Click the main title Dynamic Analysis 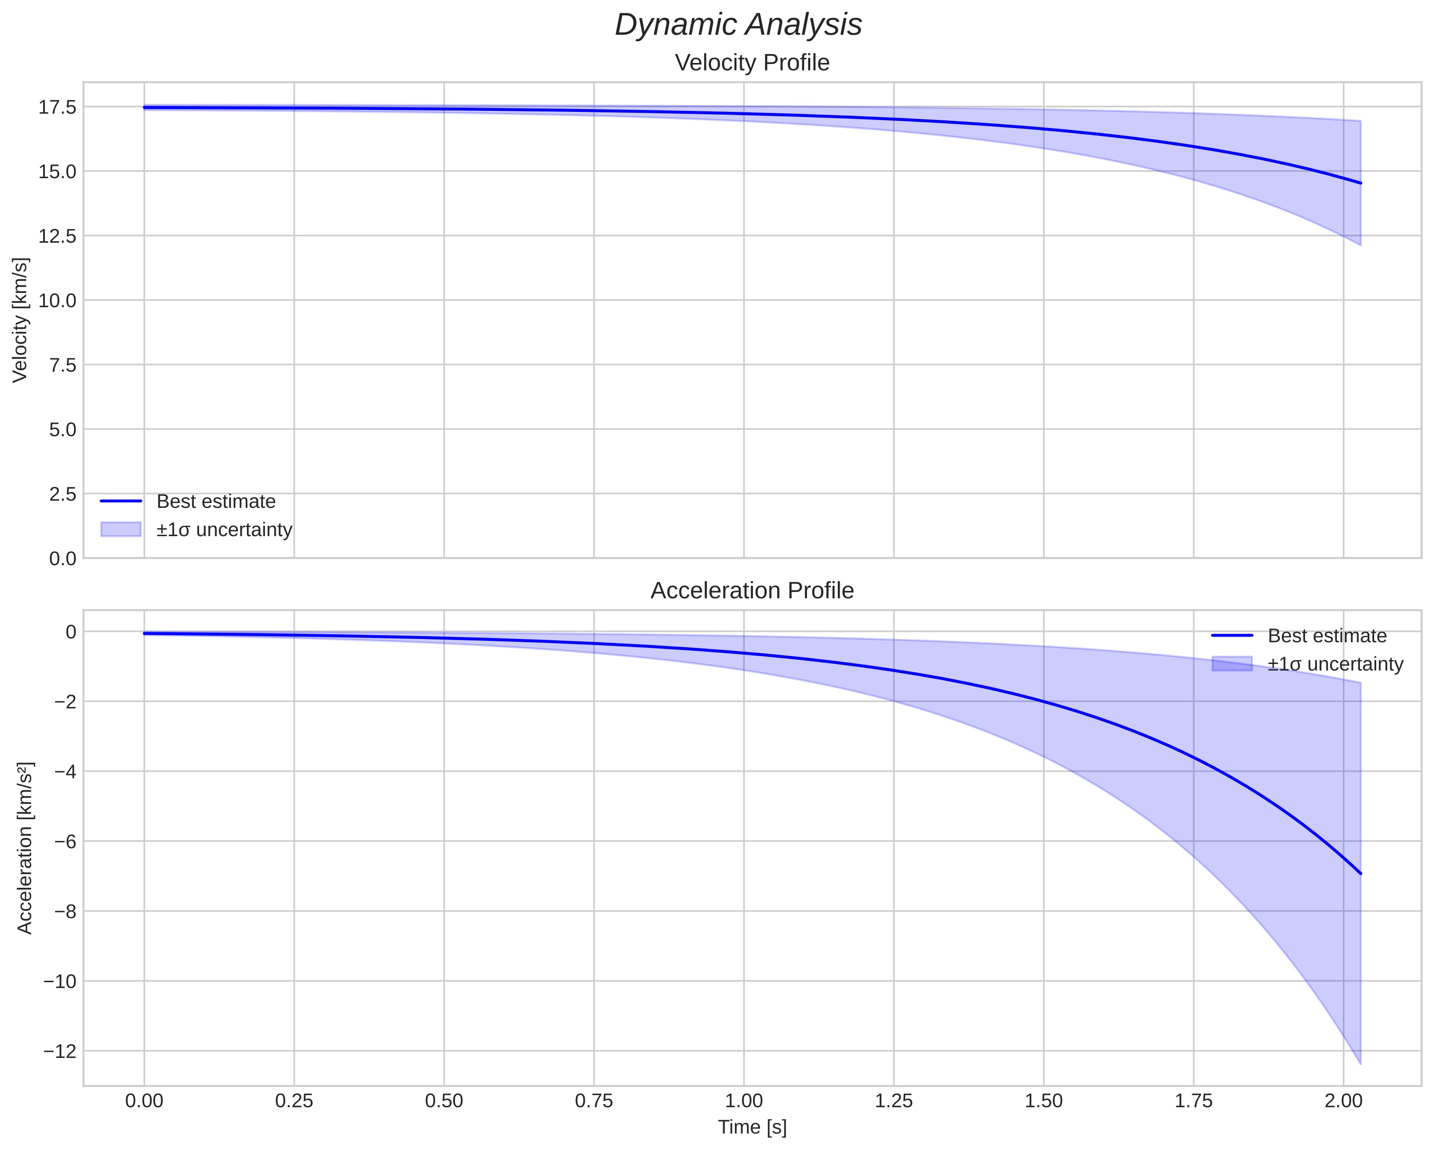[x=738, y=25]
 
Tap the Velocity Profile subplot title [x=752, y=63]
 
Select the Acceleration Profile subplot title [x=752, y=591]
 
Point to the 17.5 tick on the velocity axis [x=57, y=107]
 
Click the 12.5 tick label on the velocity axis [x=57, y=236]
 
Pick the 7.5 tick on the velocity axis [x=63, y=365]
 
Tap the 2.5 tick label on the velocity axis [x=63, y=494]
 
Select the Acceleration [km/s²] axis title [x=25, y=848]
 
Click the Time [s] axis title [x=752, y=1126]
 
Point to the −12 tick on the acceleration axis [x=60, y=1051]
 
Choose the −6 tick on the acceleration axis [x=65, y=841]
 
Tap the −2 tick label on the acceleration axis [x=65, y=702]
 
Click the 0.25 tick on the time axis [x=294, y=1101]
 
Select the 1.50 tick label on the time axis [x=1043, y=1101]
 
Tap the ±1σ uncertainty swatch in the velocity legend [x=121, y=529]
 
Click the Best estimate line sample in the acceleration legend [x=1232, y=636]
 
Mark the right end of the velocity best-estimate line [x=1360, y=183]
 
